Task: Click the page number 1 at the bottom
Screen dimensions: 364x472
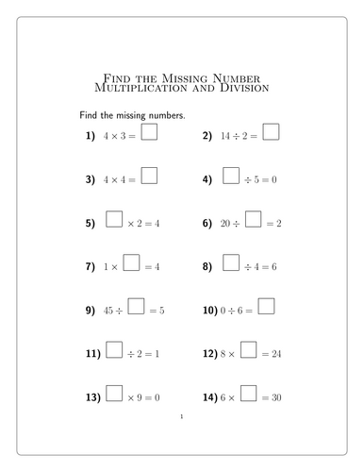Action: [x=181, y=416]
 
